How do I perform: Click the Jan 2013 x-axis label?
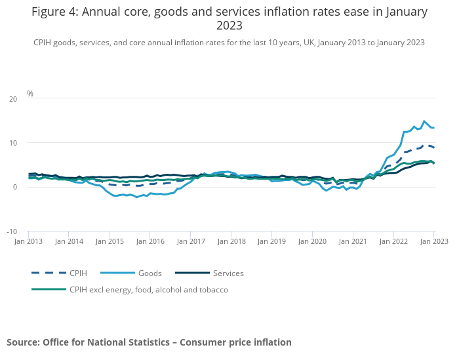pyautogui.click(x=28, y=241)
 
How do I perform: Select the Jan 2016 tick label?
pyautogui.click(x=150, y=241)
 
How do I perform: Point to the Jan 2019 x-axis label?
pyautogui.click(x=272, y=241)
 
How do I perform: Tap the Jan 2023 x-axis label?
pyautogui.click(x=433, y=241)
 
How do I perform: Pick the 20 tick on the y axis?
pyautogui.click(x=12, y=99)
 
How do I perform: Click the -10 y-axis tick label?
pyautogui.click(x=11, y=231)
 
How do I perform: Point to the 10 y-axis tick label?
pyautogui.click(x=12, y=143)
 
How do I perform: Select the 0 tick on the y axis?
pyautogui.click(x=14, y=187)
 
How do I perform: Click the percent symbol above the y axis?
pyautogui.click(x=30, y=94)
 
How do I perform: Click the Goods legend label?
pyautogui.click(x=151, y=273)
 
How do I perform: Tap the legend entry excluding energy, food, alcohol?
pyautogui.click(x=148, y=289)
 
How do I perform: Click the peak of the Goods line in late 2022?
pyautogui.click(x=424, y=121)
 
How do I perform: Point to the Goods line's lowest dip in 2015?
pyautogui.click(x=137, y=197)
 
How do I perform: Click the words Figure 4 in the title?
pyautogui.click(x=54, y=12)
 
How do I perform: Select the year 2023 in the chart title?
pyautogui.click(x=229, y=26)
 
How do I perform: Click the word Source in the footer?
pyautogui.click(x=23, y=342)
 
